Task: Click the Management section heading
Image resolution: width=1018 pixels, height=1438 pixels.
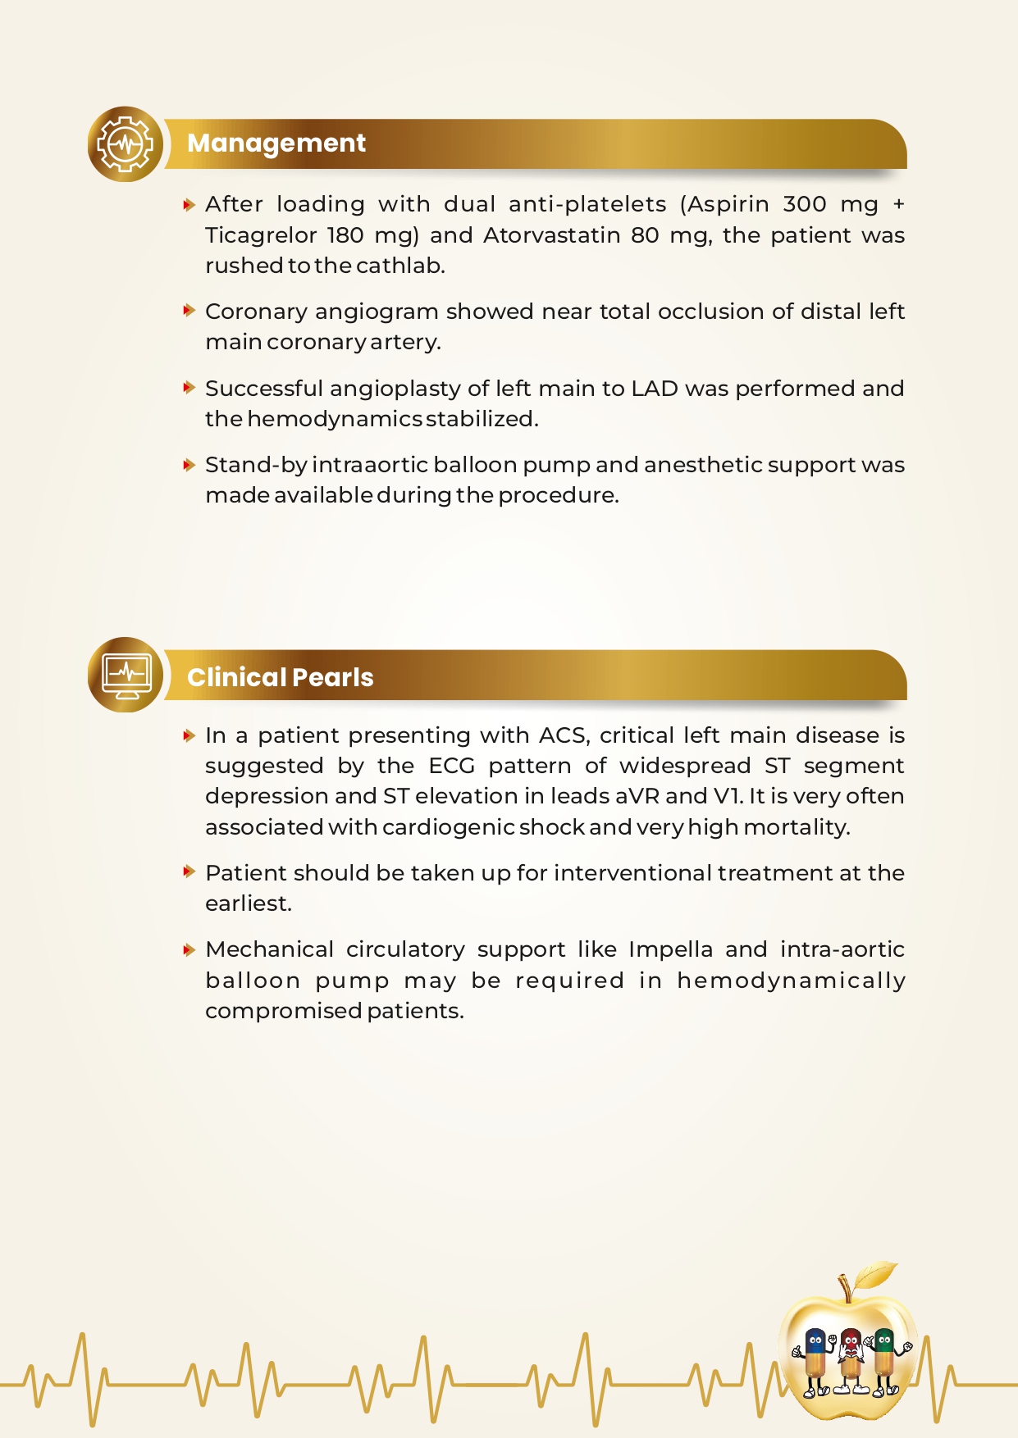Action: (276, 143)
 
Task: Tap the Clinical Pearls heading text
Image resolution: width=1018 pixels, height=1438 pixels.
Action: (280, 677)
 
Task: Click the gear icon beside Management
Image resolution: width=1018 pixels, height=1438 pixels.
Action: (126, 144)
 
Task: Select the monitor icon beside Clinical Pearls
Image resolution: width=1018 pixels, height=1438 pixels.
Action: (126, 675)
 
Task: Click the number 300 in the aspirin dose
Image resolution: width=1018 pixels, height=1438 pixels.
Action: (805, 204)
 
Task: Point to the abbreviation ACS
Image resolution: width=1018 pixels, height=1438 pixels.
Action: (564, 735)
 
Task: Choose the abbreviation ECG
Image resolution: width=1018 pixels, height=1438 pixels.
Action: (451, 766)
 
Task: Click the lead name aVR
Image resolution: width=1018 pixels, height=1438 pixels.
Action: (637, 796)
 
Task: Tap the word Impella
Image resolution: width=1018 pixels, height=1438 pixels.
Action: (670, 949)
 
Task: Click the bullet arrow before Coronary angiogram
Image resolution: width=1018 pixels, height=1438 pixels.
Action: (189, 311)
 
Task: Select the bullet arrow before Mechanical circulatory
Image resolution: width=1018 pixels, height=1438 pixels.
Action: (189, 949)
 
